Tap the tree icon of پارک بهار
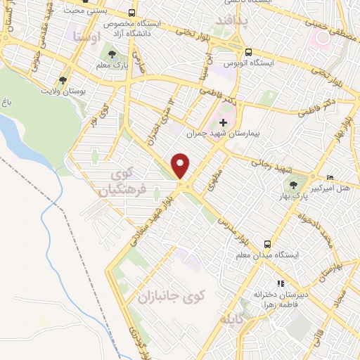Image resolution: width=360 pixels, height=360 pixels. click(293, 185)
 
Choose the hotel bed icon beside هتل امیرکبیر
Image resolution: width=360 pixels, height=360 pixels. click(330, 177)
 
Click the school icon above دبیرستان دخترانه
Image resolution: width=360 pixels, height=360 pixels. click(281, 283)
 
